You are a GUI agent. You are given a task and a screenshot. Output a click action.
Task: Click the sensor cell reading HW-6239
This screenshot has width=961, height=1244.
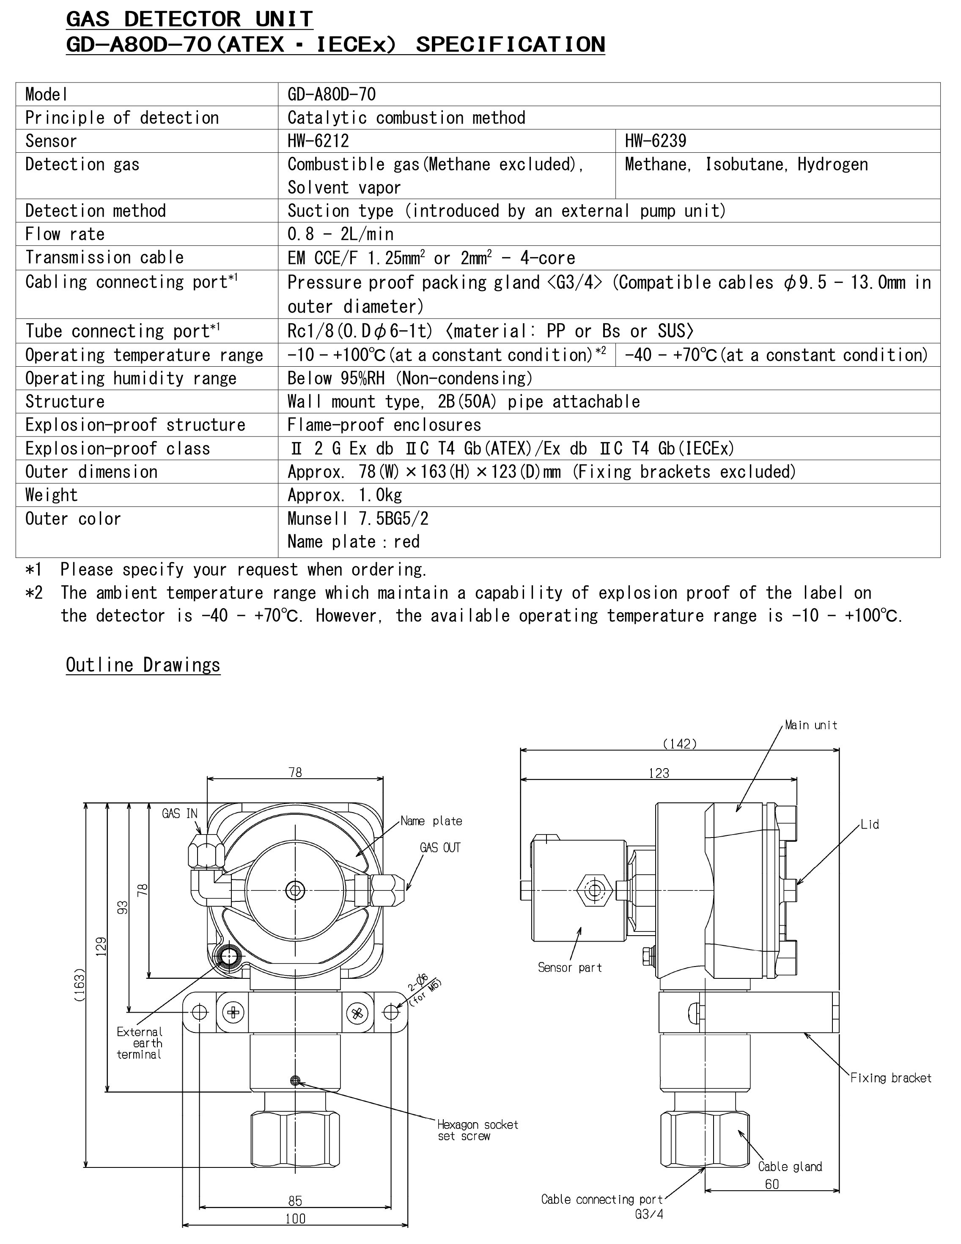(655, 141)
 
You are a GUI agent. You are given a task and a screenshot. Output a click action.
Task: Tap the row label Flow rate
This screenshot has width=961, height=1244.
(65, 234)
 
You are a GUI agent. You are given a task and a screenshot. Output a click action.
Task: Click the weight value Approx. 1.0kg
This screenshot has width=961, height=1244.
(345, 495)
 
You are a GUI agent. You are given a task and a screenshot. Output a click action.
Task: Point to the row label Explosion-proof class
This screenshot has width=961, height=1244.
(117, 448)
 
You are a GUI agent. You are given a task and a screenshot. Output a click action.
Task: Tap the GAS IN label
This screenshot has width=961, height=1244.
(179, 813)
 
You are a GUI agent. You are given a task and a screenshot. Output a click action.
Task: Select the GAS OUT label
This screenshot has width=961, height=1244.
(440, 848)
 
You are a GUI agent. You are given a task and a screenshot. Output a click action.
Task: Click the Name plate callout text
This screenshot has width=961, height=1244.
(431, 821)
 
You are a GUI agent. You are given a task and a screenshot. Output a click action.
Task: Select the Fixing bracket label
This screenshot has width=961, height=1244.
(890, 1078)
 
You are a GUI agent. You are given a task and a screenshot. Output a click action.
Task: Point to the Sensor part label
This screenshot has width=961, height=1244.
(570, 967)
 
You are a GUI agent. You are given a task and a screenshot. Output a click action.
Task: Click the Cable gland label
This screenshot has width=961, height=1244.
(790, 1166)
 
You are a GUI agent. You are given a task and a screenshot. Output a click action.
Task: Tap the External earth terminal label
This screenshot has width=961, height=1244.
(140, 1043)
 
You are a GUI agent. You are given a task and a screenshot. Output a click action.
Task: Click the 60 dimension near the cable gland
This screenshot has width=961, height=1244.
(772, 1184)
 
